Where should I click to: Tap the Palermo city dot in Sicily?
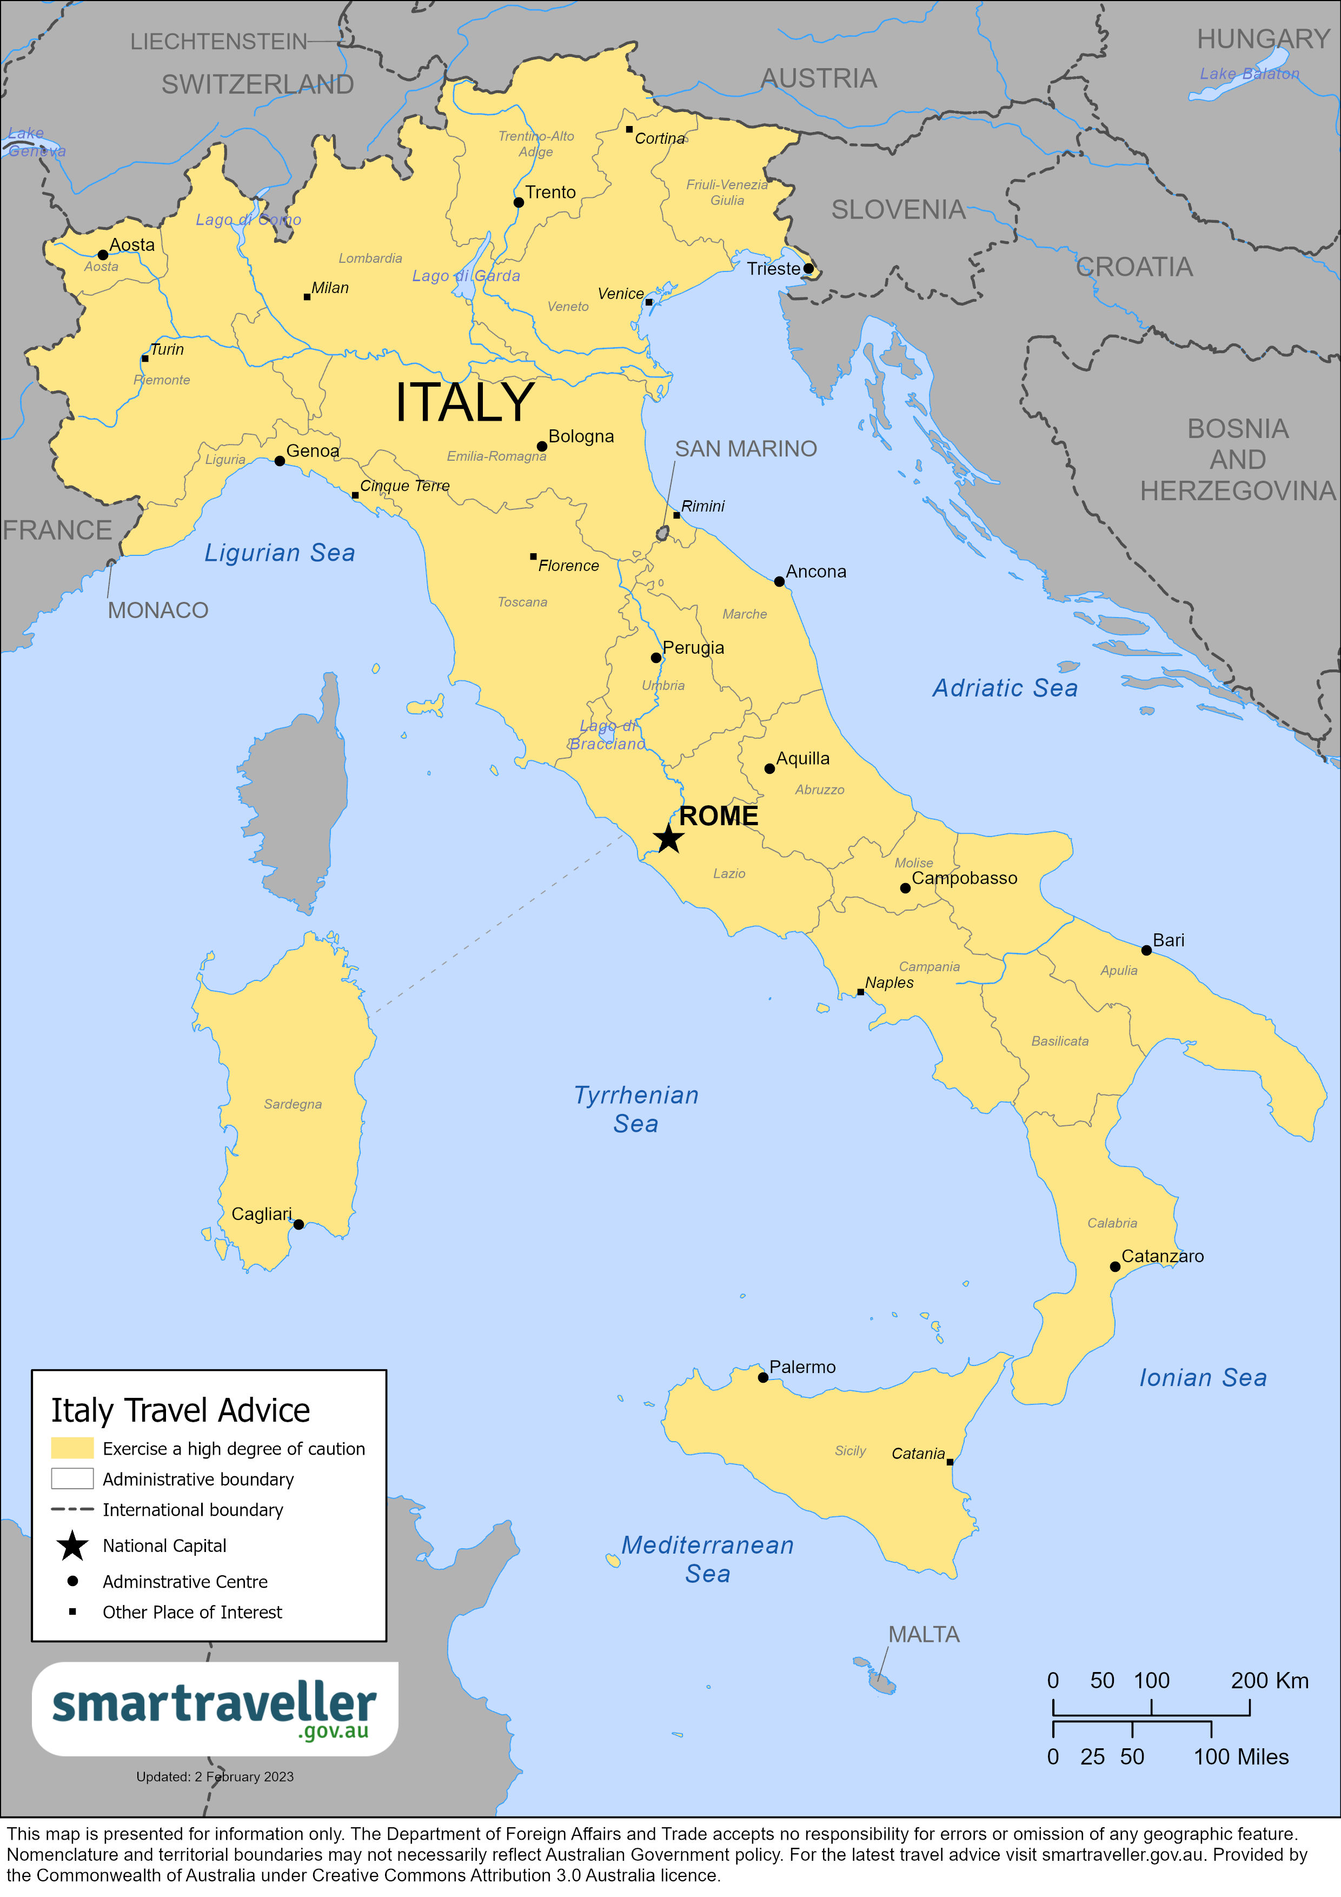click(762, 1378)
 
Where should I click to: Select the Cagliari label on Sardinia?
click(261, 1213)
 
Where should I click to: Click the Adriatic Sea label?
click(1005, 688)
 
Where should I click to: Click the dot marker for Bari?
click(1146, 950)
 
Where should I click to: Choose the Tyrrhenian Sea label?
click(636, 1109)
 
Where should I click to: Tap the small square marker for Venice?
click(649, 302)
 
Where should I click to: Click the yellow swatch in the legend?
click(72, 1448)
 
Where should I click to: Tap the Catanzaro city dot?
click(1114, 1266)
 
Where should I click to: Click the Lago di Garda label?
click(466, 276)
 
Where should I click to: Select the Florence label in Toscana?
click(568, 566)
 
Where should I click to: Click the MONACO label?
click(158, 611)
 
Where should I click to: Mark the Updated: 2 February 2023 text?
click(215, 1776)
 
